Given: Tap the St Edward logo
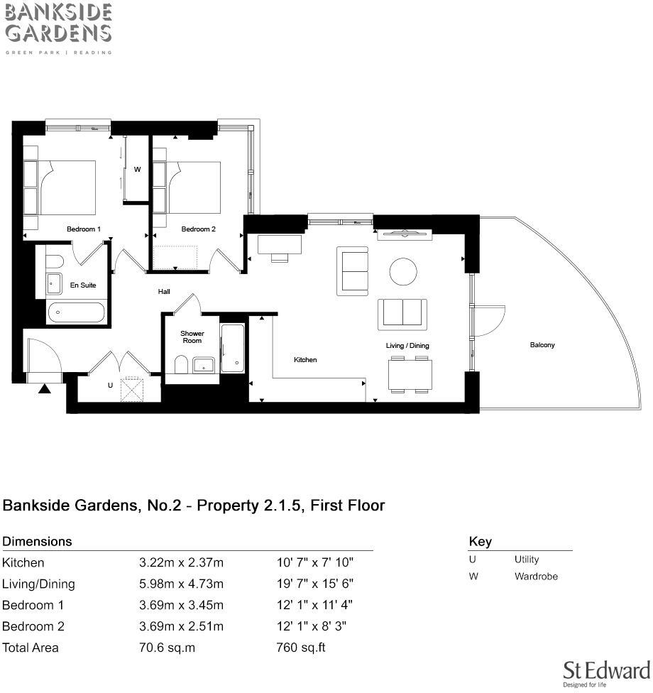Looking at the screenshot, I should click(606, 672).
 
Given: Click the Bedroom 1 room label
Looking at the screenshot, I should click(84, 229).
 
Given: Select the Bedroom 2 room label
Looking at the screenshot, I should click(198, 229).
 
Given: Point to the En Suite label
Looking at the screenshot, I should click(82, 285).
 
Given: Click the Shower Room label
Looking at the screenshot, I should click(192, 337).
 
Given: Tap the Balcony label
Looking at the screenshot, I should click(542, 345).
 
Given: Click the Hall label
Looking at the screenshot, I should click(164, 291).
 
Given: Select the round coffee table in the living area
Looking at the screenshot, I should click(404, 271).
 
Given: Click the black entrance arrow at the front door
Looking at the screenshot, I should click(45, 388).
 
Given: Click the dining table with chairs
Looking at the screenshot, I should click(410, 375).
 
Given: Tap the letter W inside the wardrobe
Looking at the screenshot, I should click(137, 170).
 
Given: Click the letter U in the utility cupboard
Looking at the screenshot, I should click(110, 385).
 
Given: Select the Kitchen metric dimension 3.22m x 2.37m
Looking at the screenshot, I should click(181, 563).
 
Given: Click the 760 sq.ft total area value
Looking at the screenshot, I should click(300, 648).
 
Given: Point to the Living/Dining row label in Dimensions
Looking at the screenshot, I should click(38, 584).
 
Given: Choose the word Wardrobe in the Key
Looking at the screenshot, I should click(536, 577).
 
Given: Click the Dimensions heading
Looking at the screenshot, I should click(37, 542).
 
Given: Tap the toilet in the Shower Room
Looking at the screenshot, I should click(182, 365).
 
